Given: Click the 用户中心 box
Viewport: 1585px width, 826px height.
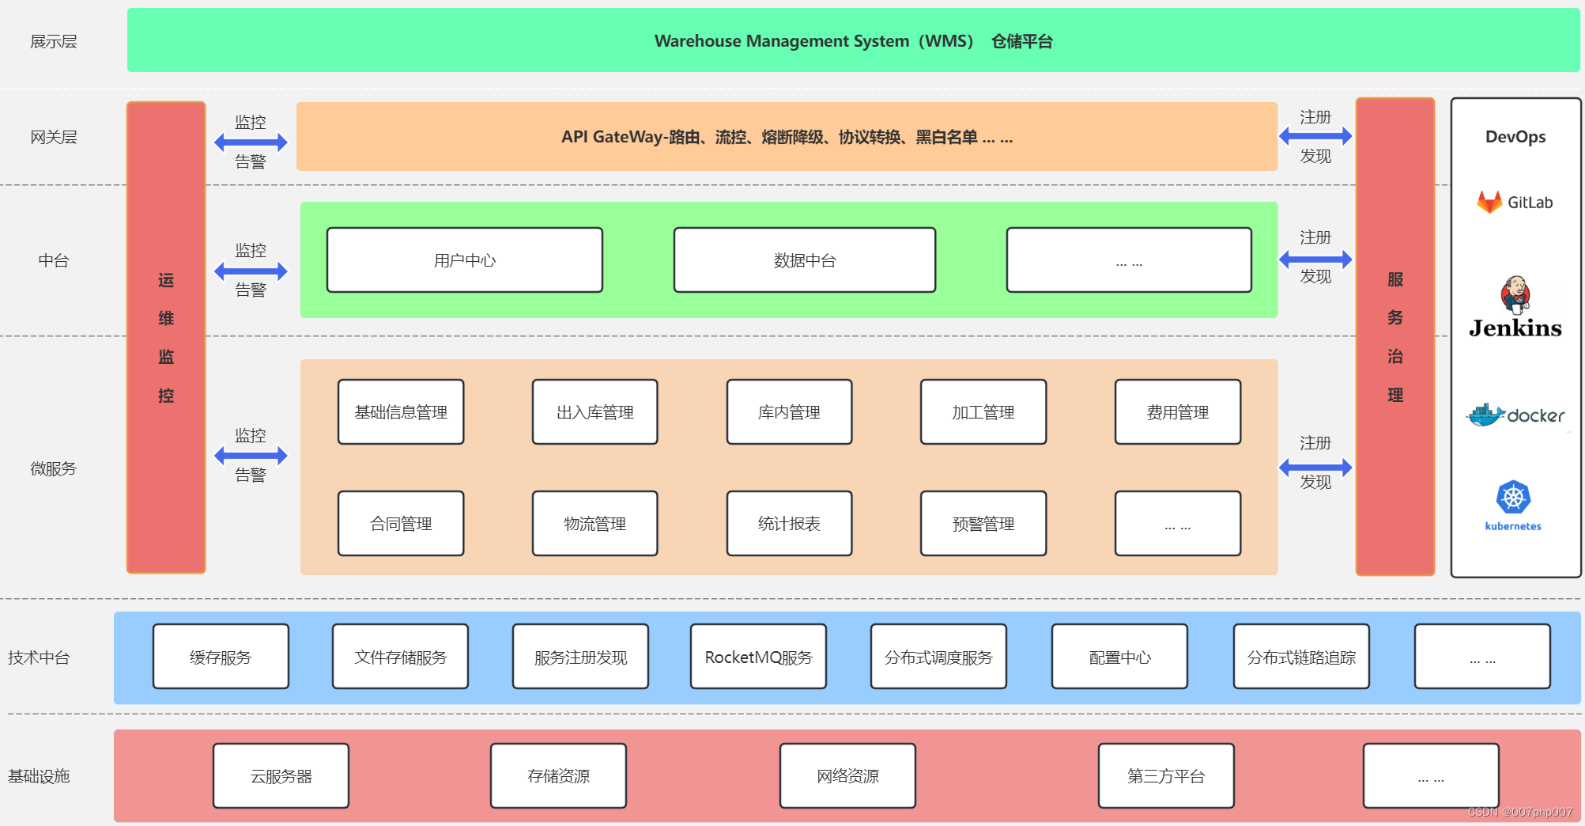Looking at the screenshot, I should (x=464, y=260).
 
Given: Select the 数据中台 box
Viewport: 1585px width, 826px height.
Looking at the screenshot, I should (x=804, y=260).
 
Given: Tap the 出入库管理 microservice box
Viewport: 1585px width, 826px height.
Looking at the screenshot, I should (x=594, y=412).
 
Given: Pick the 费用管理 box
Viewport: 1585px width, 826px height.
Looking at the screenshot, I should (x=1177, y=412).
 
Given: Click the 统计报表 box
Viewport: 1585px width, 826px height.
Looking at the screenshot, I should (x=789, y=524).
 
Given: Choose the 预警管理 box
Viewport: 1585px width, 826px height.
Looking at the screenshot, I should (x=983, y=524).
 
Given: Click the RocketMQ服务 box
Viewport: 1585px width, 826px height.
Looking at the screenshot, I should (x=758, y=657).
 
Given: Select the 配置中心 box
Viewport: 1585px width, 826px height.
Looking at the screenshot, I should (x=1119, y=657).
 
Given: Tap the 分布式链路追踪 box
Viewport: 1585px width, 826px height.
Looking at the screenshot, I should (x=1301, y=657).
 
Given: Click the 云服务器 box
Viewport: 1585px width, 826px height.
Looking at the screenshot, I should (x=281, y=776).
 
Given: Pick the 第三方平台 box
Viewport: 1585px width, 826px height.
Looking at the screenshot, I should (x=1166, y=776).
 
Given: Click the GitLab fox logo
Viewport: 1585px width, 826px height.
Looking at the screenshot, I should (x=1489, y=203).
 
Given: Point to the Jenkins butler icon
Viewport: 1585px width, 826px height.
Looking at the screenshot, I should (x=1515, y=294).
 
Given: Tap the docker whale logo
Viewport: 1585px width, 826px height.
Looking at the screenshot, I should (x=1486, y=415).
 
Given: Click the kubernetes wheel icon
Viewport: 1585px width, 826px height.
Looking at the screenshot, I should (x=1513, y=498).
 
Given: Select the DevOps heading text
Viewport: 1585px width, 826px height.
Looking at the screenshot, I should (x=1515, y=137).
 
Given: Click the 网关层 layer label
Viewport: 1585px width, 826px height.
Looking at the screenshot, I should (x=53, y=138).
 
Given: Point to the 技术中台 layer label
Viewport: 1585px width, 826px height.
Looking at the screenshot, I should (x=39, y=657).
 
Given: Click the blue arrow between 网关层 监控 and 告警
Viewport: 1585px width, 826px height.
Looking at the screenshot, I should (x=251, y=142).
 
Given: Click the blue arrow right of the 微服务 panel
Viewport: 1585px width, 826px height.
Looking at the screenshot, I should (x=1315, y=467).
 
